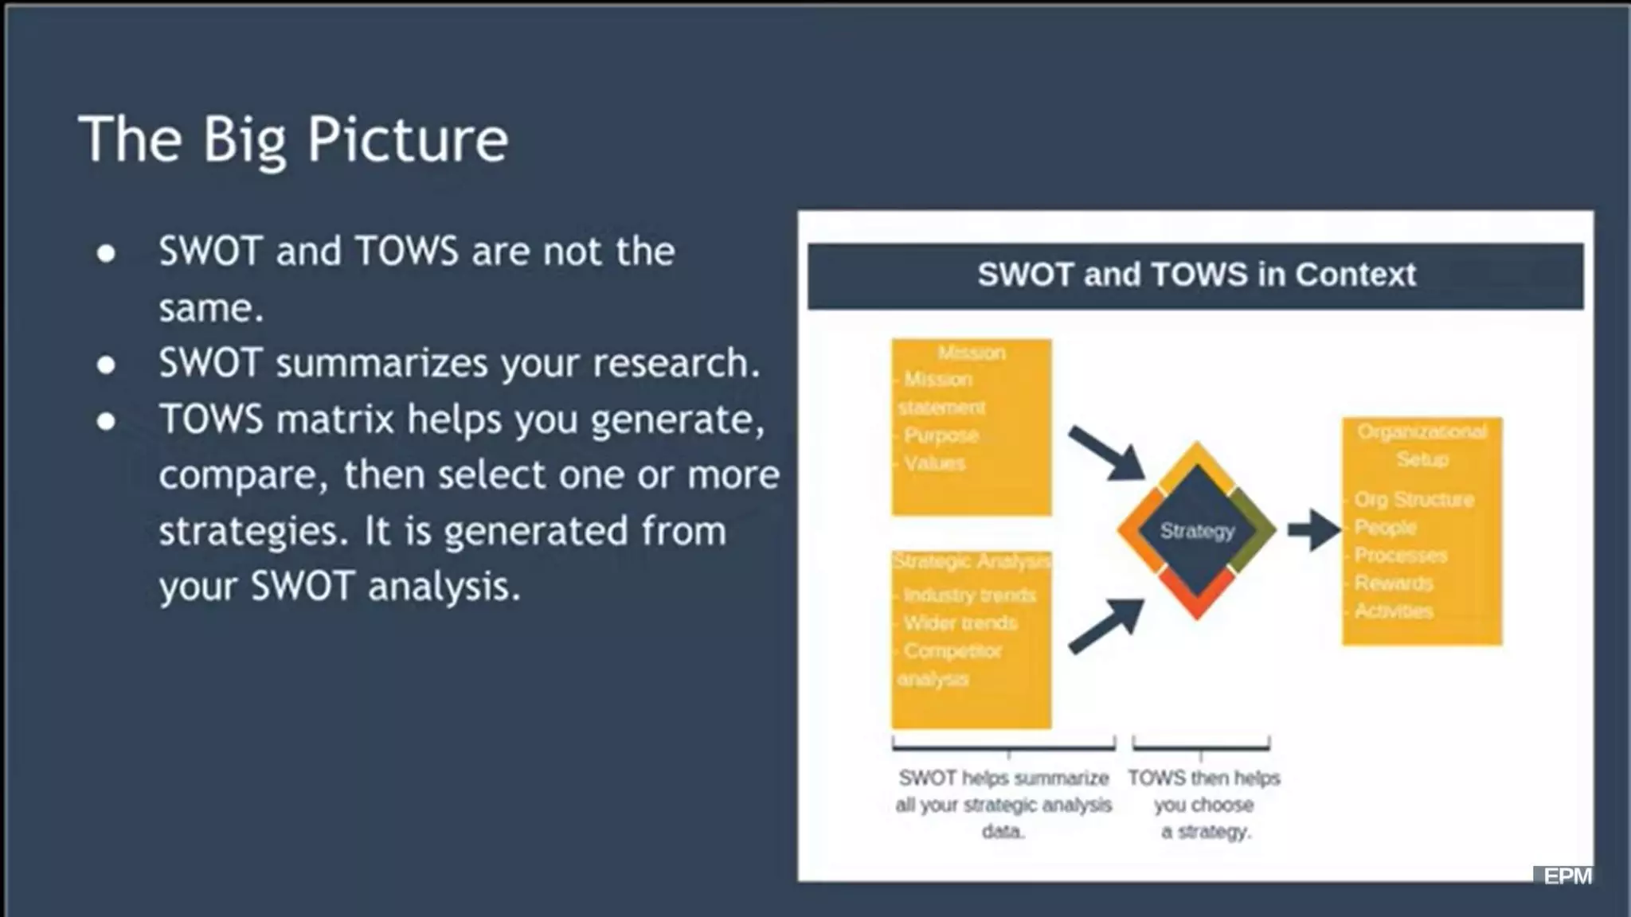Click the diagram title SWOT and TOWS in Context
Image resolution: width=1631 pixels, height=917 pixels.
pos(1195,275)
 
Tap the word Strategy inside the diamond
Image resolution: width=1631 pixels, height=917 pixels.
pos(1197,531)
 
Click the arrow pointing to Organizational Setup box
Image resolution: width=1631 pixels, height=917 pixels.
pos(1314,529)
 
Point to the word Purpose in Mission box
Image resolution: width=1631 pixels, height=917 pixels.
pos(941,435)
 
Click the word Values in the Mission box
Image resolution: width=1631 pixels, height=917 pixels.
pos(934,463)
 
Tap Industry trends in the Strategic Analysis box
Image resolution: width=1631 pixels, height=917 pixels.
pos(969,595)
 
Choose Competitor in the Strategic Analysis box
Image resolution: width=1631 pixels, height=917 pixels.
pos(952,651)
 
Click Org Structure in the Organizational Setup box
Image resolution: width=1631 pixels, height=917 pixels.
pos(1414,500)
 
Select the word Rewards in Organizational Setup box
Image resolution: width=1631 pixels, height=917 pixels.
pos(1394,583)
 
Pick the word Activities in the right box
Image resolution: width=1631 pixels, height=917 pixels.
pos(1394,611)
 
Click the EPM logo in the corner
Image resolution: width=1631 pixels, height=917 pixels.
pos(1566,876)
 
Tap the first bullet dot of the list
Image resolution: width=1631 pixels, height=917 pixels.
pos(106,253)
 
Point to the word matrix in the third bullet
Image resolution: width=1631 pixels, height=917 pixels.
pos(335,419)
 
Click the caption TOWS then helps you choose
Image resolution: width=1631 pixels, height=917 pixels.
pos(1203,791)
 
